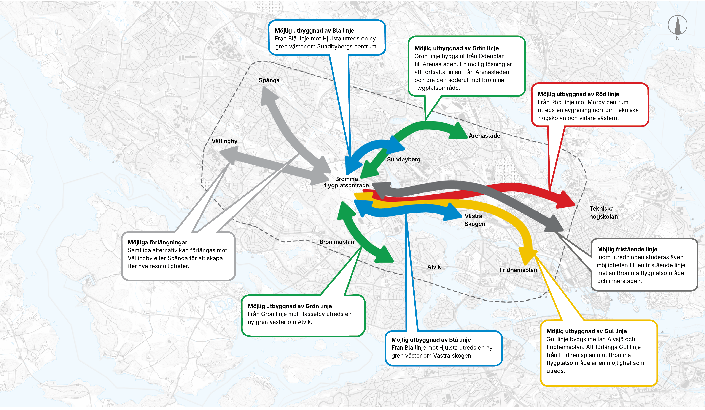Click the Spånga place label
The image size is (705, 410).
tap(269, 80)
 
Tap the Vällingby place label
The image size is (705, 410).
tap(224, 141)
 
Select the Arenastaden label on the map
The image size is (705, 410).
tap(486, 136)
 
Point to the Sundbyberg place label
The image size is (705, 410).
tap(403, 160)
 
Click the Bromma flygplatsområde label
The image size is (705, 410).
tap(346, 182)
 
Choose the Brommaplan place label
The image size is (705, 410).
tap(337, 242)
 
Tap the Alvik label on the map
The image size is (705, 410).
tap(434, 267)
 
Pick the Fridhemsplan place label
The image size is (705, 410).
tap(518, 270)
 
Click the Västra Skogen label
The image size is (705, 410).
tap(474, 220)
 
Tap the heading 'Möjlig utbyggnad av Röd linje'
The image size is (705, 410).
tap(578, 94)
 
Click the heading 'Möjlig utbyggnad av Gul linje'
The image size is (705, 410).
tap(586, 331)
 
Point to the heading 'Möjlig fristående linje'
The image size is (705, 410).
tap(627, 249)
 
